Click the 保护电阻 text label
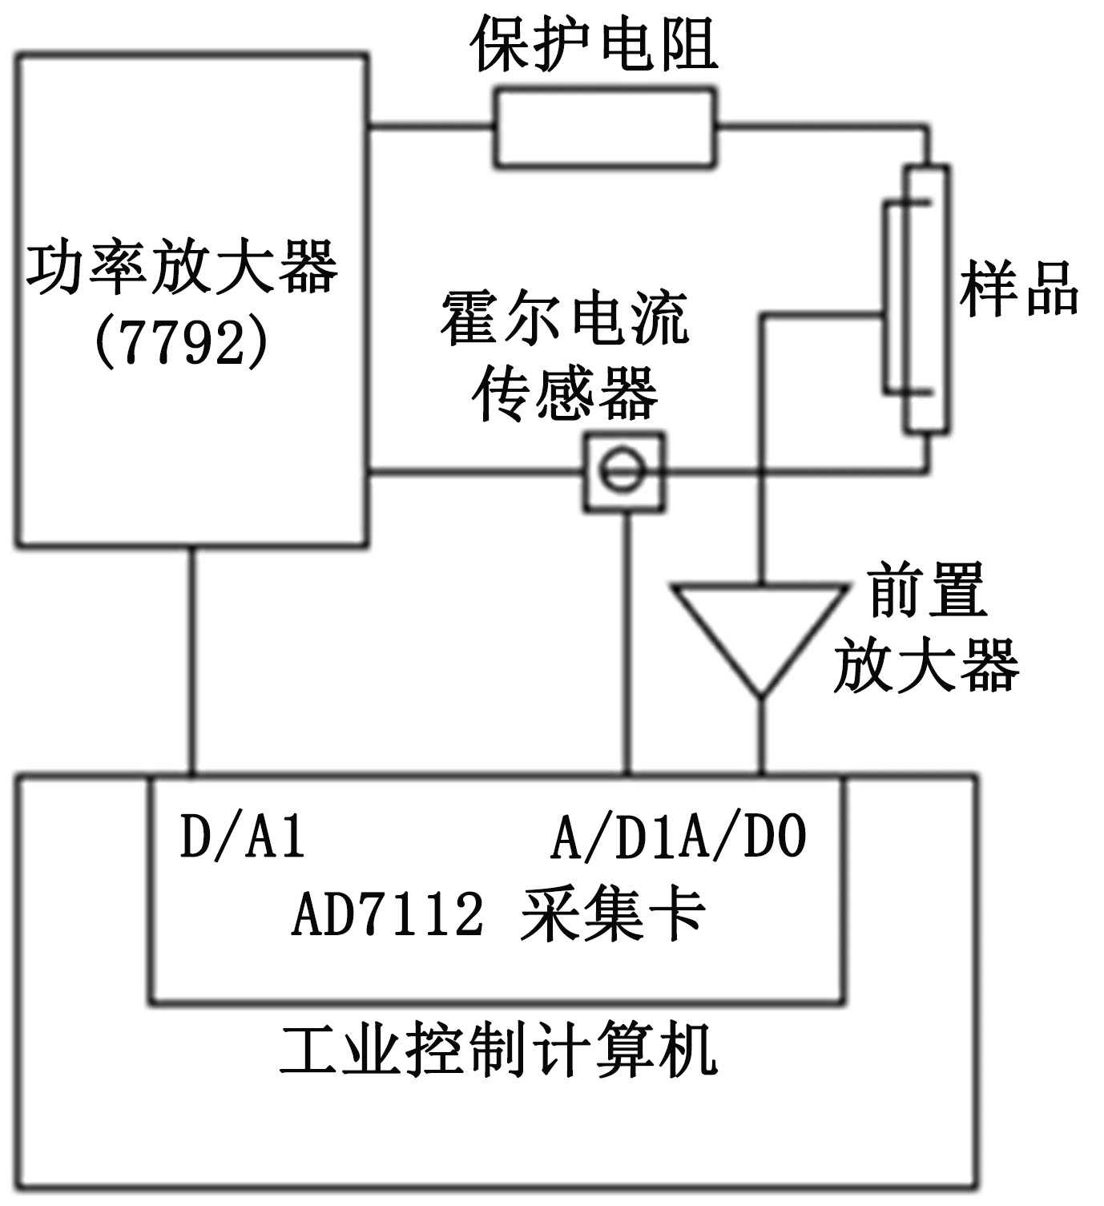(x=594, y=45)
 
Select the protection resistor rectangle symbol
(x=604, y=128)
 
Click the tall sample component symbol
(x=926, y=299)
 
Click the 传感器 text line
(x=565, y=394)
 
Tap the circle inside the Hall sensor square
(x=623, y=471)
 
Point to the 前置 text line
(x=927, y=591)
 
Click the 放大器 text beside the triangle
(x=926, y=664)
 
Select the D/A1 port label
(x=243, y=837)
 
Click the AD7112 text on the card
(x=388, y=914)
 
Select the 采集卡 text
(x=613, y=914)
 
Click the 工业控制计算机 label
(x=498, y=1050)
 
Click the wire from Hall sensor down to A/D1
(x=627, y=641)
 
